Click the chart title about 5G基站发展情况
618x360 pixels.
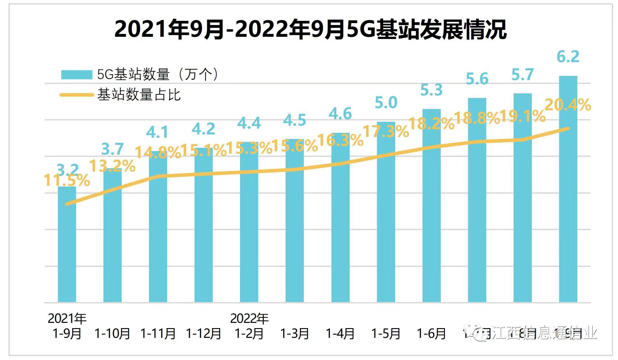[x=310, y=29]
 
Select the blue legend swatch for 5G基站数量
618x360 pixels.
[x=77, y=75]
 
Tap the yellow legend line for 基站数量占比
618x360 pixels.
[x=77, y=95]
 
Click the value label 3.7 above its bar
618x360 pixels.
[x=113, y=149]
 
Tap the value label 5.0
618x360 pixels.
[x=386, y=103]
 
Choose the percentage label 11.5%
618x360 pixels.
[x=67, y=180]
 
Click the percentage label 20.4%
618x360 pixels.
[x=568, y=105]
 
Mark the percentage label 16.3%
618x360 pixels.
[x=340, y=141]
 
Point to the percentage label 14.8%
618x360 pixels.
[x=158, y=152]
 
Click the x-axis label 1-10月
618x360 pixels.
[x=113, y=333]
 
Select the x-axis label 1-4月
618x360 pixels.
[x=340, y=333]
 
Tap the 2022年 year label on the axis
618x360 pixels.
[x=249, y=318]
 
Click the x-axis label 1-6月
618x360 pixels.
[x=431, y=333]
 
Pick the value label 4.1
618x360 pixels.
[x=157, y=132]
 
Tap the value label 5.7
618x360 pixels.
[x=523, y=75]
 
